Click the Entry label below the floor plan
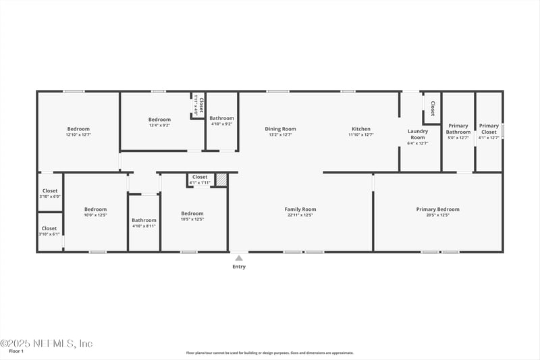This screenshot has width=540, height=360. click(239, 267)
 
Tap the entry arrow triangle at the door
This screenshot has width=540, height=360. click(239, 257)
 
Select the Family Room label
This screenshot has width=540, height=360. click(300, 209)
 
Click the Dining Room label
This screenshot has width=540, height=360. click(280, 129)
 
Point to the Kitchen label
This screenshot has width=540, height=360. click(360, 129)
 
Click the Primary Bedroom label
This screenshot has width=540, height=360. click(438, 209)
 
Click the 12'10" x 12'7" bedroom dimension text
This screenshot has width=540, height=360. click(78, 135)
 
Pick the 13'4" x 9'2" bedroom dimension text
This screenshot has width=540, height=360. click(159, 125)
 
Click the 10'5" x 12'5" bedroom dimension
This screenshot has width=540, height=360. click(192, 219)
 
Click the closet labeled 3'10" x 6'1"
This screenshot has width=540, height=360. click(50, 231)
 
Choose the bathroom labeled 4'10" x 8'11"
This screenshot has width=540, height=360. click(144, 223)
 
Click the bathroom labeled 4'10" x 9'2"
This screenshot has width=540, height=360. click(221, 121)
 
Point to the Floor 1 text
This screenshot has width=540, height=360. click(16, 351)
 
